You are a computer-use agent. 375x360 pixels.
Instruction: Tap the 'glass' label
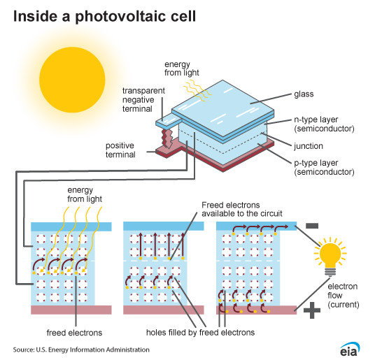[303, 93]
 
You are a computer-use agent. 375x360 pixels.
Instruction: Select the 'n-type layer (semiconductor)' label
[324, 125]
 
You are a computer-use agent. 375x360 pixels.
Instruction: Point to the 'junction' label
[309, 146]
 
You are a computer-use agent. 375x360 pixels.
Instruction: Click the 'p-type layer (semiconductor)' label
[324, 167]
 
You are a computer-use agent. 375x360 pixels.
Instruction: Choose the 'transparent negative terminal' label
[144, 100]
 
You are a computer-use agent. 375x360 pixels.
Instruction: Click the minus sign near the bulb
[313, 226]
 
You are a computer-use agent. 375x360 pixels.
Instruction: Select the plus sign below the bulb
[312, 310]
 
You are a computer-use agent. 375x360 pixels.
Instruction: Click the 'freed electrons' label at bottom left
[75, 333]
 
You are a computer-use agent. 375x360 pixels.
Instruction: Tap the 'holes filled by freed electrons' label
[200, 333]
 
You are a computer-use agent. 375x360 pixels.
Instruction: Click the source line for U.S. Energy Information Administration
[80, 349]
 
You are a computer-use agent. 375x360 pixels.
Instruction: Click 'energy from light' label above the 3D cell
[181, 69]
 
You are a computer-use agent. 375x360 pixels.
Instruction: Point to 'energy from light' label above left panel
[84, 194]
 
